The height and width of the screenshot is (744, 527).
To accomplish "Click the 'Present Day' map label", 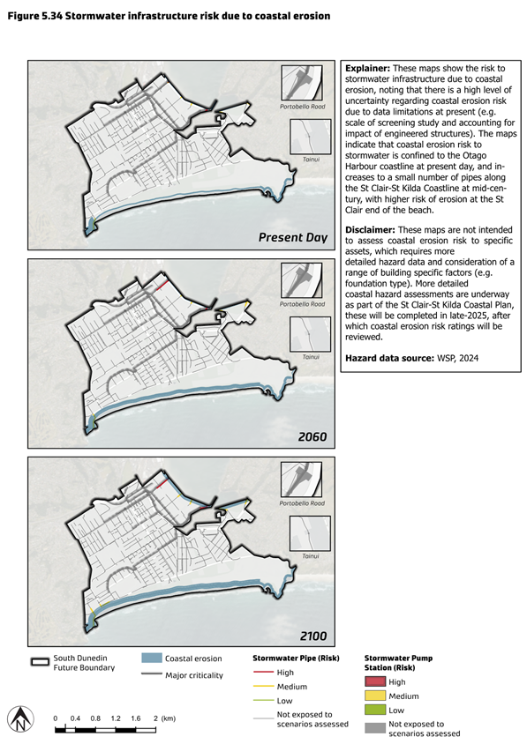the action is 293,238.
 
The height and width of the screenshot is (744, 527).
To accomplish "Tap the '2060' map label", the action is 312,436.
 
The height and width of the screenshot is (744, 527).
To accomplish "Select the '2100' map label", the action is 312,636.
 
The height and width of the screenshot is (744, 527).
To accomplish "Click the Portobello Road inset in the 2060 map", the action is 302,281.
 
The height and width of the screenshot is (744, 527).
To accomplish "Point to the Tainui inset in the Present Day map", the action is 311,138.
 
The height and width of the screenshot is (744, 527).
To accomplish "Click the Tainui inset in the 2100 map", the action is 311,534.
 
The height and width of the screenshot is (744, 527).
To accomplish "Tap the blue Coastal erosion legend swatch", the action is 152,658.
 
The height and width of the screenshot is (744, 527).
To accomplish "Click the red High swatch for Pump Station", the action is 374,681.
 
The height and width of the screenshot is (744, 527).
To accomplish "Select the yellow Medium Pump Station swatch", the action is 374,696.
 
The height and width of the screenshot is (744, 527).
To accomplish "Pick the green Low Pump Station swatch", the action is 374,711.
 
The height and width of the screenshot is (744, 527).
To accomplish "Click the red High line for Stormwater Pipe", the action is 263,673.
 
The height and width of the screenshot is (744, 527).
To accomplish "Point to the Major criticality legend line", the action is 152,674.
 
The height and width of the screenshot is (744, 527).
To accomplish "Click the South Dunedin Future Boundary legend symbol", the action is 40,662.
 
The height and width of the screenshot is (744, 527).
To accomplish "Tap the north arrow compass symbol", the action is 20,718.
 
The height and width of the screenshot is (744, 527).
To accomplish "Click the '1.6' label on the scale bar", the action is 135,718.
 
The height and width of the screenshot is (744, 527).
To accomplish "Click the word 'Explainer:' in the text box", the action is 367,69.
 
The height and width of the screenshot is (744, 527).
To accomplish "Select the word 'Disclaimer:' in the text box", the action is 370,230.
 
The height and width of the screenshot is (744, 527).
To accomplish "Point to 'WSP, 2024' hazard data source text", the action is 457,358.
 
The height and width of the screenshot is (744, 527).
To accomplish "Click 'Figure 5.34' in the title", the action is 34,16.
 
